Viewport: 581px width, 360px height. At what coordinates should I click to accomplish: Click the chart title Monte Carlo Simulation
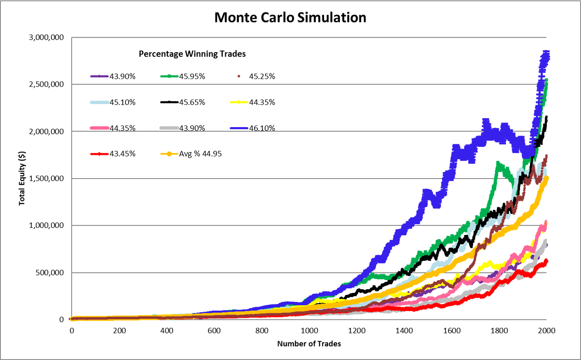click(x=290, y=17)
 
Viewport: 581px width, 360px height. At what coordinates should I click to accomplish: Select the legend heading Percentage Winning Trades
click(x=192, y=54)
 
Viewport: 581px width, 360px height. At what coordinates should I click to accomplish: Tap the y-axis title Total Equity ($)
click(x=22, y=178)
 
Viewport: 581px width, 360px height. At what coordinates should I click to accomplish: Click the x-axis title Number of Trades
click(x=309, y=343)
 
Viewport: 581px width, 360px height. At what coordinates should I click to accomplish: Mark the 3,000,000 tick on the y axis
click(x=46, y=37)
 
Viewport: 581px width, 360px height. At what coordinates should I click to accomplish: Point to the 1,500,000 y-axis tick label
click(x=46, y=179)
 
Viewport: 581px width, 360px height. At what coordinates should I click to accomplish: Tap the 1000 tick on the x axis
click(x=309, y=331)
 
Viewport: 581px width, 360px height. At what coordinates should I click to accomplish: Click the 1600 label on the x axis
click(x=452, y=331)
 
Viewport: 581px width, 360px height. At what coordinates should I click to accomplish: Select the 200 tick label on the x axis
click(x=119, y=331)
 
